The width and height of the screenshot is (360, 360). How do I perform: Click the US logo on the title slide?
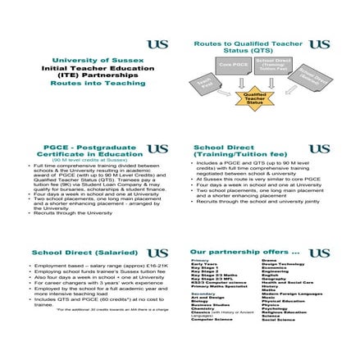(157, 44)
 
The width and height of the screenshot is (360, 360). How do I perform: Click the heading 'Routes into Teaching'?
(97, 84)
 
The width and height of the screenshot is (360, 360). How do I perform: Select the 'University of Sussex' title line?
(97, 60)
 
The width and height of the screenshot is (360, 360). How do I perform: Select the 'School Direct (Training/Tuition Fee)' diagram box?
(271, 65)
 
